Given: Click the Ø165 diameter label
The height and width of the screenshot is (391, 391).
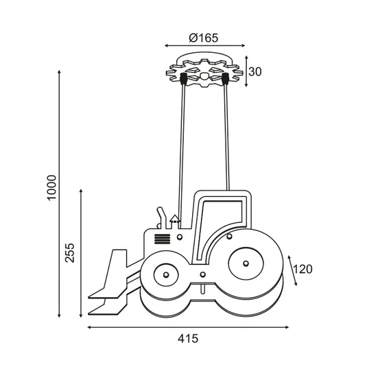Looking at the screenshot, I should point(203,38).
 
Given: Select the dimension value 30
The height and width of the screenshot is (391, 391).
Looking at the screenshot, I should point(254,72).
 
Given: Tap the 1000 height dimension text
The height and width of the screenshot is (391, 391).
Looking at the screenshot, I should point(53,187).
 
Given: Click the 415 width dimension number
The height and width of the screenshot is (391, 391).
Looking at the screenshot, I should point(187,338).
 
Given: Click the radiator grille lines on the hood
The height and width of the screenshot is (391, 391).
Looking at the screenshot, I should point(161,239).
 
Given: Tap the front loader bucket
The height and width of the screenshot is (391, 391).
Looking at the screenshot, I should point(110,285).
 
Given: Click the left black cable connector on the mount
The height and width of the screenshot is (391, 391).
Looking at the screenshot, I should point(184,80).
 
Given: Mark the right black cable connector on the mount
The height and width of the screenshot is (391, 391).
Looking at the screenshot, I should point(224,80).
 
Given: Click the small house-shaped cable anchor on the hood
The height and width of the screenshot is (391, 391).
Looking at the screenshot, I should point(175,221).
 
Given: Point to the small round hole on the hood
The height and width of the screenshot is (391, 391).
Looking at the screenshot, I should point(180,237).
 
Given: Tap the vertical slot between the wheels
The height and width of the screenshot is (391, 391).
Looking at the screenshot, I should point(202,289).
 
